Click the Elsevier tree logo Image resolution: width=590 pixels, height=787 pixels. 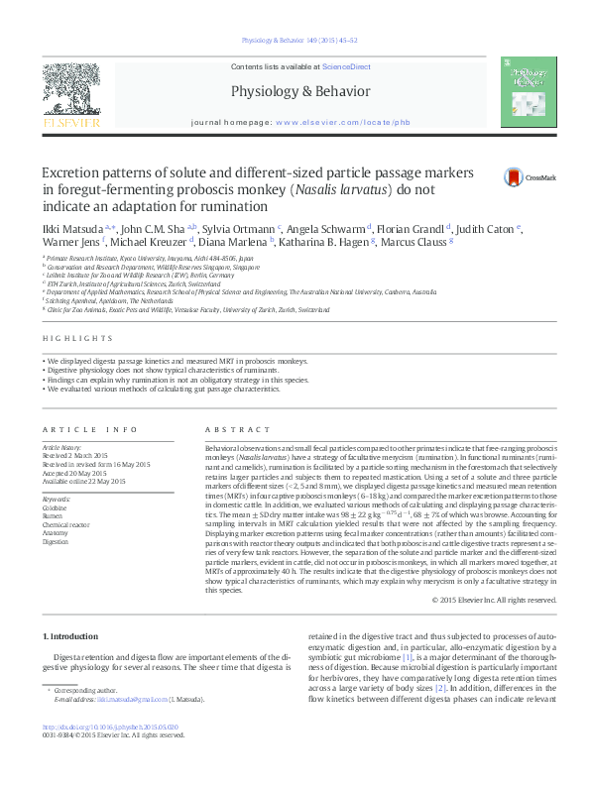(70, 92)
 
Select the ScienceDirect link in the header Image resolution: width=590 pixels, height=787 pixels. (347, 65)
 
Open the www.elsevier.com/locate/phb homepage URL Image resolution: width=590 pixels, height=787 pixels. (342, 122)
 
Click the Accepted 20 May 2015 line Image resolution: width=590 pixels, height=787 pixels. (83, 473)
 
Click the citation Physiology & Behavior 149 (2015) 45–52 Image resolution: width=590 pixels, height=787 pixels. (295, 41)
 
